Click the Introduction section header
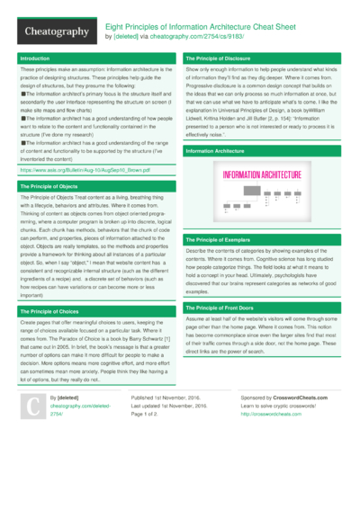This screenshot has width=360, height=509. tap(35, 58)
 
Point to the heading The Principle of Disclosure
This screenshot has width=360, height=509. tap(219, 58)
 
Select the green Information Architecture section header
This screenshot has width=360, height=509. tap(214, 152)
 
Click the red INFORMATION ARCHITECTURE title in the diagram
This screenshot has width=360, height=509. tap(261, 175)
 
